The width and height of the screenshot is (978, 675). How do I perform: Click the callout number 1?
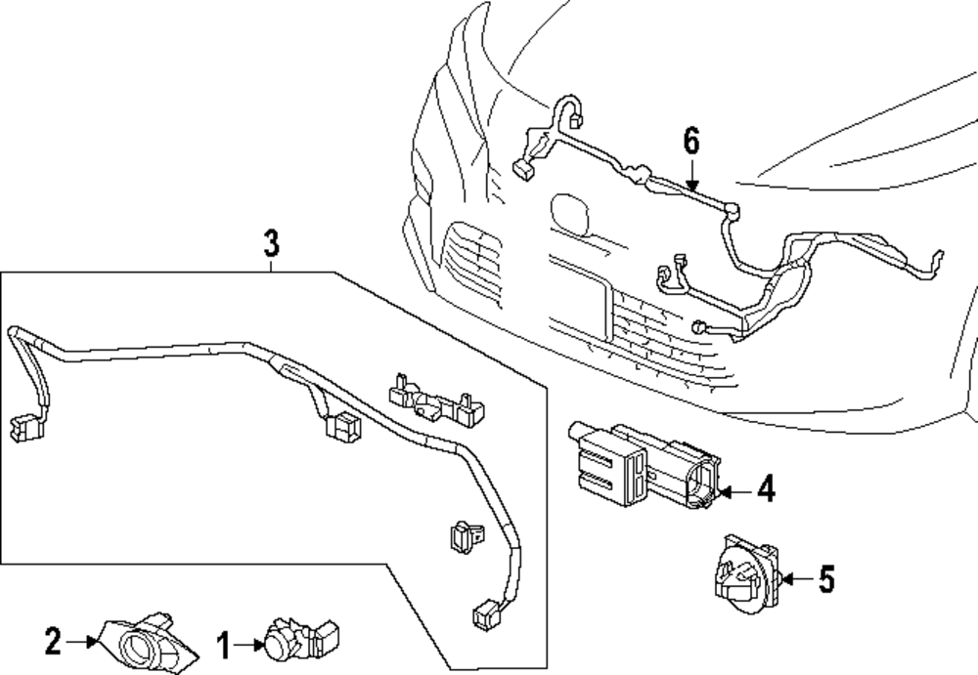(x=224, y=645)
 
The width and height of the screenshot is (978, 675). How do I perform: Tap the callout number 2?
(x=54, y=640)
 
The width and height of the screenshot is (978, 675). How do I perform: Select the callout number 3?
(x=271, y=243)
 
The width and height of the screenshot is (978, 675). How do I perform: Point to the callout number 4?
(x=766, y=488)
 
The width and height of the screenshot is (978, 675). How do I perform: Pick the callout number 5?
(x=826, y=579)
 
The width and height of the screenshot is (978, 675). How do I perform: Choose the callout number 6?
(x=691, y=141)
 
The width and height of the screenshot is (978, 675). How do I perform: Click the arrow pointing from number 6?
(x=691, y=173)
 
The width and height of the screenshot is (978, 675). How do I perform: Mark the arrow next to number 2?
(x=82, y=641)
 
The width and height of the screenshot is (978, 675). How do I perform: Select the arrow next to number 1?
(x=250, y=645)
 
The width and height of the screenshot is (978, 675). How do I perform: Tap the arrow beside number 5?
(x=797, y=579)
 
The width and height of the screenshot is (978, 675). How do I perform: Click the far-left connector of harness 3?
(x=25, y=428)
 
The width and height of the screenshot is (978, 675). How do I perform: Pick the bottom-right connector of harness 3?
(x=487, y=614)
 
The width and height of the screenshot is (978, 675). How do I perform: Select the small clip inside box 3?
(x=467, y=536)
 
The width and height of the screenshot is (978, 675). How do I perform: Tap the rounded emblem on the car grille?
(x=569, y=215)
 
